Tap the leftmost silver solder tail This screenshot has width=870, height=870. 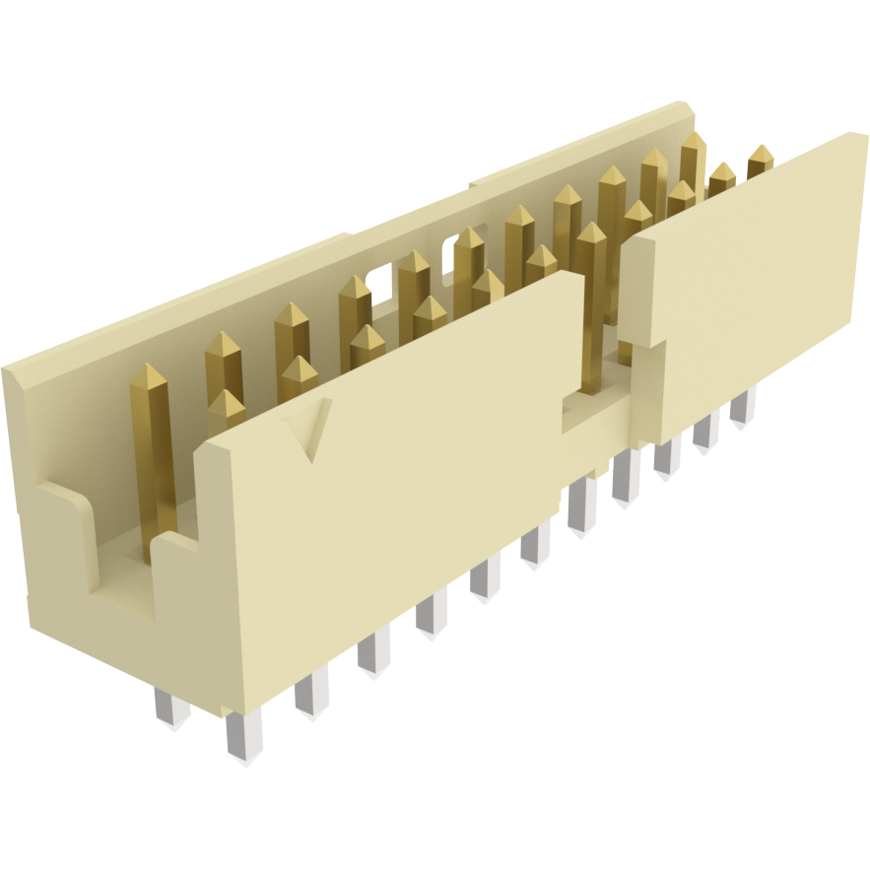170,707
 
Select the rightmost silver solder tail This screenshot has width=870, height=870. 743,405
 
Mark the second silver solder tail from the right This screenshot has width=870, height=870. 705,431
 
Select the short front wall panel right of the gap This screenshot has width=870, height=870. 749,286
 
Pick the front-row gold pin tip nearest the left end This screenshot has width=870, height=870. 226,406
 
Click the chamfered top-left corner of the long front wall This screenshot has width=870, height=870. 212,448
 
